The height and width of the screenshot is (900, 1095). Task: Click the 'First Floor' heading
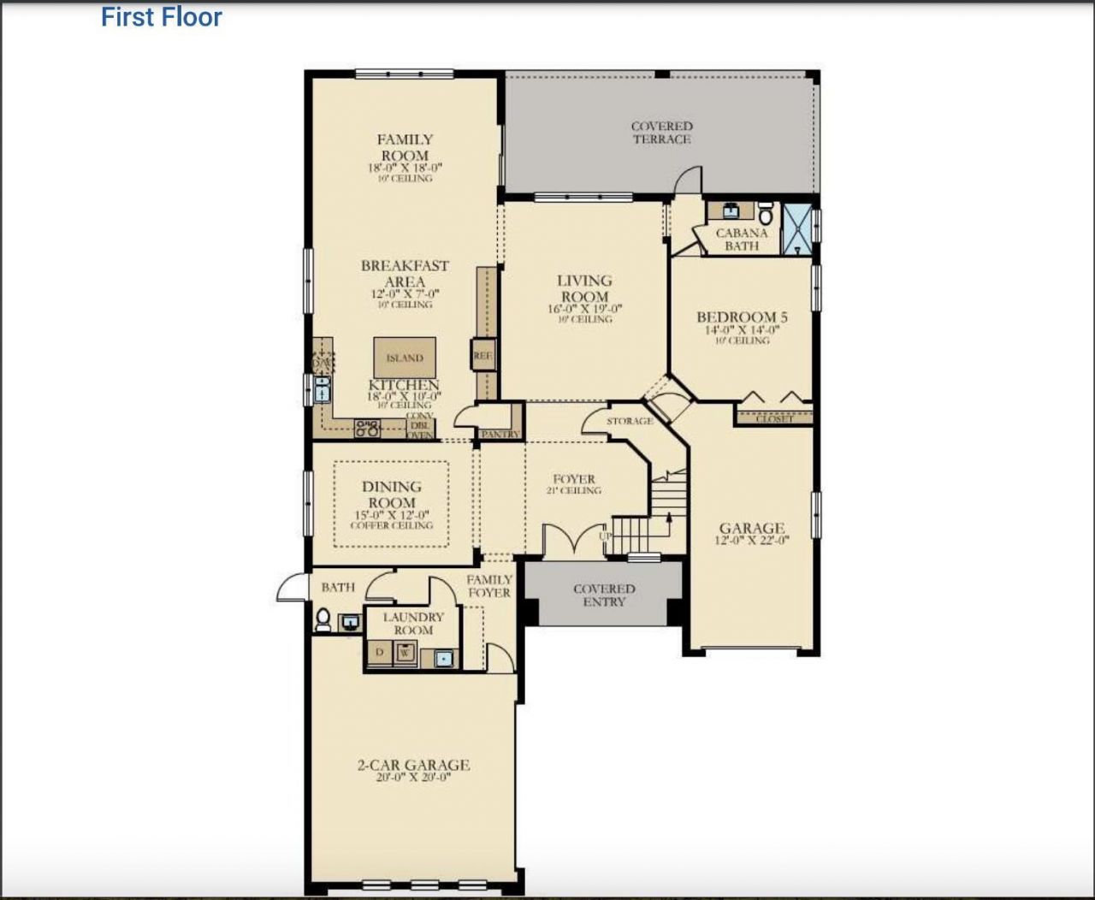[x=161, y=17]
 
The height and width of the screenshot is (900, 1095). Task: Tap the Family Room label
[x=405, y=147]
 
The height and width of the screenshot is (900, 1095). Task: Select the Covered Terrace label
[x=661, y=133]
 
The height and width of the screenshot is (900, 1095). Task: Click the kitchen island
[x=405, y=358]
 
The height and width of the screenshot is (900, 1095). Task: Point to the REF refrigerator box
[x=482, y=355]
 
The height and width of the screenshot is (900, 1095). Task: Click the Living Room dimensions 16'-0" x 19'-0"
[x=584, y=309]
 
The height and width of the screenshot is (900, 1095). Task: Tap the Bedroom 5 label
[x=742, y=317]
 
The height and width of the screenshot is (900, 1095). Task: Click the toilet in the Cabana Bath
[x=766, y=213]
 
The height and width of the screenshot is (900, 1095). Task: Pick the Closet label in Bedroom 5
[x=773, y=418]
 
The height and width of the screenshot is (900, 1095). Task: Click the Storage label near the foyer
[x=630, y=421]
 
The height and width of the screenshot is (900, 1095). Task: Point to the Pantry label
[x=500, y=435]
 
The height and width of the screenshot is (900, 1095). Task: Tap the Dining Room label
[x=391, y=494]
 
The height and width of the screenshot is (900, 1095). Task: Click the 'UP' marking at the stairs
[x=606, y=536]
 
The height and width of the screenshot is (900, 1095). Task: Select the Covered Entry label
[x=604, y=595]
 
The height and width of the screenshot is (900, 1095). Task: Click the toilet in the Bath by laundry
[x=323, y=619]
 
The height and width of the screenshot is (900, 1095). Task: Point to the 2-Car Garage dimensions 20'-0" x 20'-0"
[x=413, y=778]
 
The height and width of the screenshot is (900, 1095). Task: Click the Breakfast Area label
[x=404, y=274]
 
